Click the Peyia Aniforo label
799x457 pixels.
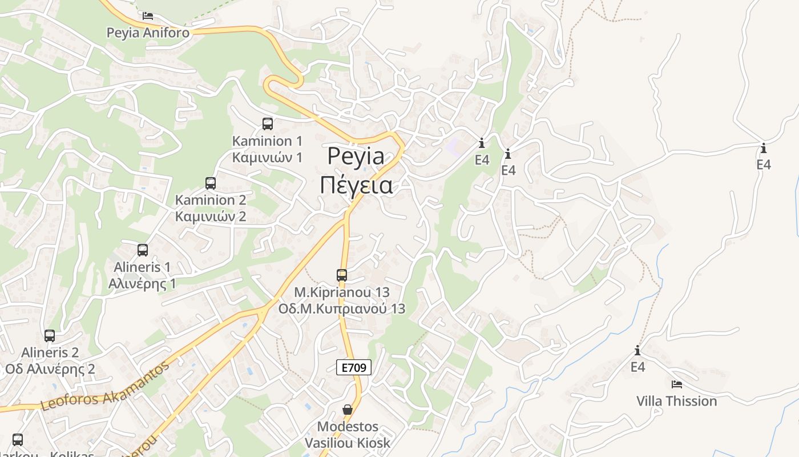pos(148,33)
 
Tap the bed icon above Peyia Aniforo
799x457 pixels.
pos(148,16)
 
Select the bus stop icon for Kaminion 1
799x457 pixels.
pos(267,123)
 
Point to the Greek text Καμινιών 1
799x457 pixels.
pos(267,157)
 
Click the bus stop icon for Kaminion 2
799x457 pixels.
pos(211,183)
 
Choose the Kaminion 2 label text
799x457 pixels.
pos(211,200)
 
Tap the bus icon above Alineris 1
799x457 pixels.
pos(143,250)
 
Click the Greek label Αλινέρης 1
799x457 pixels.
pos(143,283)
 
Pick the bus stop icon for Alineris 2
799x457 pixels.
pos(50,336)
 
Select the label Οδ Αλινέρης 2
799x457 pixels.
pos(50,368)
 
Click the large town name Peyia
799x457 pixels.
pos(356,157)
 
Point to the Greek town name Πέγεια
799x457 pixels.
pos(356,186)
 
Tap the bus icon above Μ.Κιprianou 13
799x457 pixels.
pos(342,275)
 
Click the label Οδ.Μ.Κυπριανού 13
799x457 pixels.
pos(342,308)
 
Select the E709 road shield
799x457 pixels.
pos(354,367)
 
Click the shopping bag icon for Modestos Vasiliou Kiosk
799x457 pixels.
pos(347,410)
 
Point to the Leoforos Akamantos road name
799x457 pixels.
pos(106,387)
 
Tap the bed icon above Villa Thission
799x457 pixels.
pos(677,384)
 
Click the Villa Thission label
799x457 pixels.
pos(677,401)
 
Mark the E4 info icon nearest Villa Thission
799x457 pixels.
pos(637,350)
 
